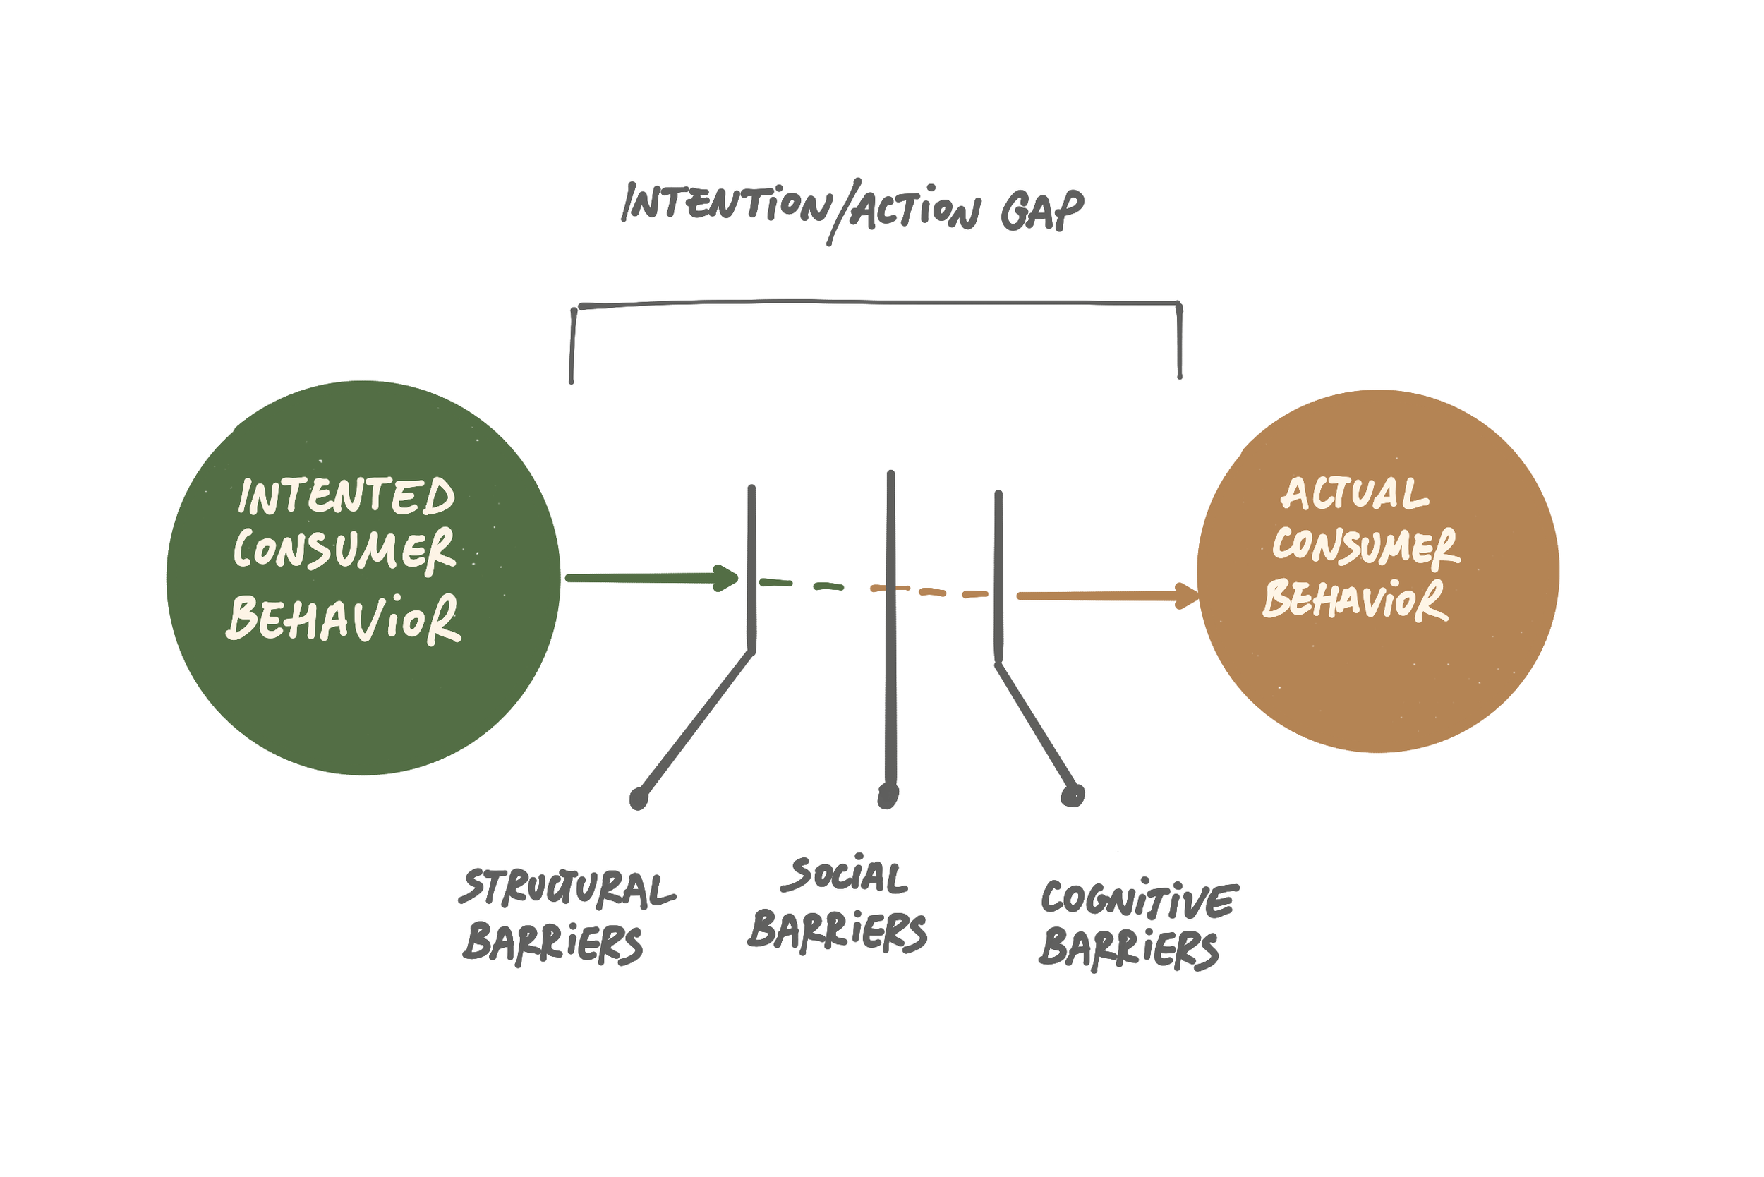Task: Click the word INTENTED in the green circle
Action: [x=346, y=497]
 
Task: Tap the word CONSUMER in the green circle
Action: [x=344, y=550]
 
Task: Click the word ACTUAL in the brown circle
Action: [x=1354, y=493]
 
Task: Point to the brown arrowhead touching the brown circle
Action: [x=1188, y=597]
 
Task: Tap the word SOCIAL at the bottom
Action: [x=845, y=876]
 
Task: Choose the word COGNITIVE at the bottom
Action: [x=1139, y=898]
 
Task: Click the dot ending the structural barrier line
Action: [x=638, y=799]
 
